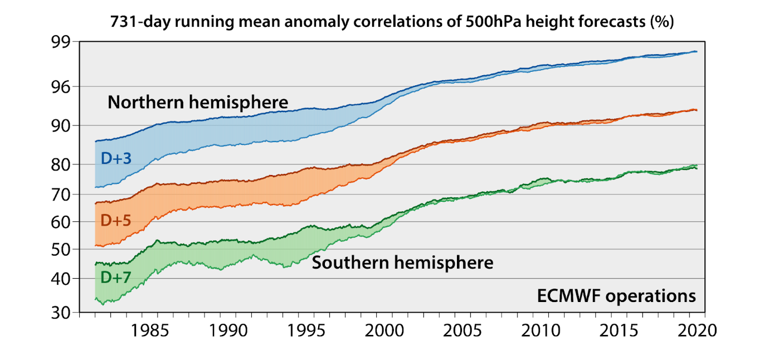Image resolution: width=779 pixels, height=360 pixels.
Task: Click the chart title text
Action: [x=392, y=23]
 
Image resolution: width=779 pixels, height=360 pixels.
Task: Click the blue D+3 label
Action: [x=116, y=159]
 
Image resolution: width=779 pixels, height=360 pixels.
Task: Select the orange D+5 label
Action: [x=116, y=221]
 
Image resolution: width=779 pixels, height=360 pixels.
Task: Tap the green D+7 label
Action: [x=116, y=276]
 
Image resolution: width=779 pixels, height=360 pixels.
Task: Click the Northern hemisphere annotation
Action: [x=198, y=103]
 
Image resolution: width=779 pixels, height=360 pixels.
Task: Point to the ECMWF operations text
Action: [x=616, y=296]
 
